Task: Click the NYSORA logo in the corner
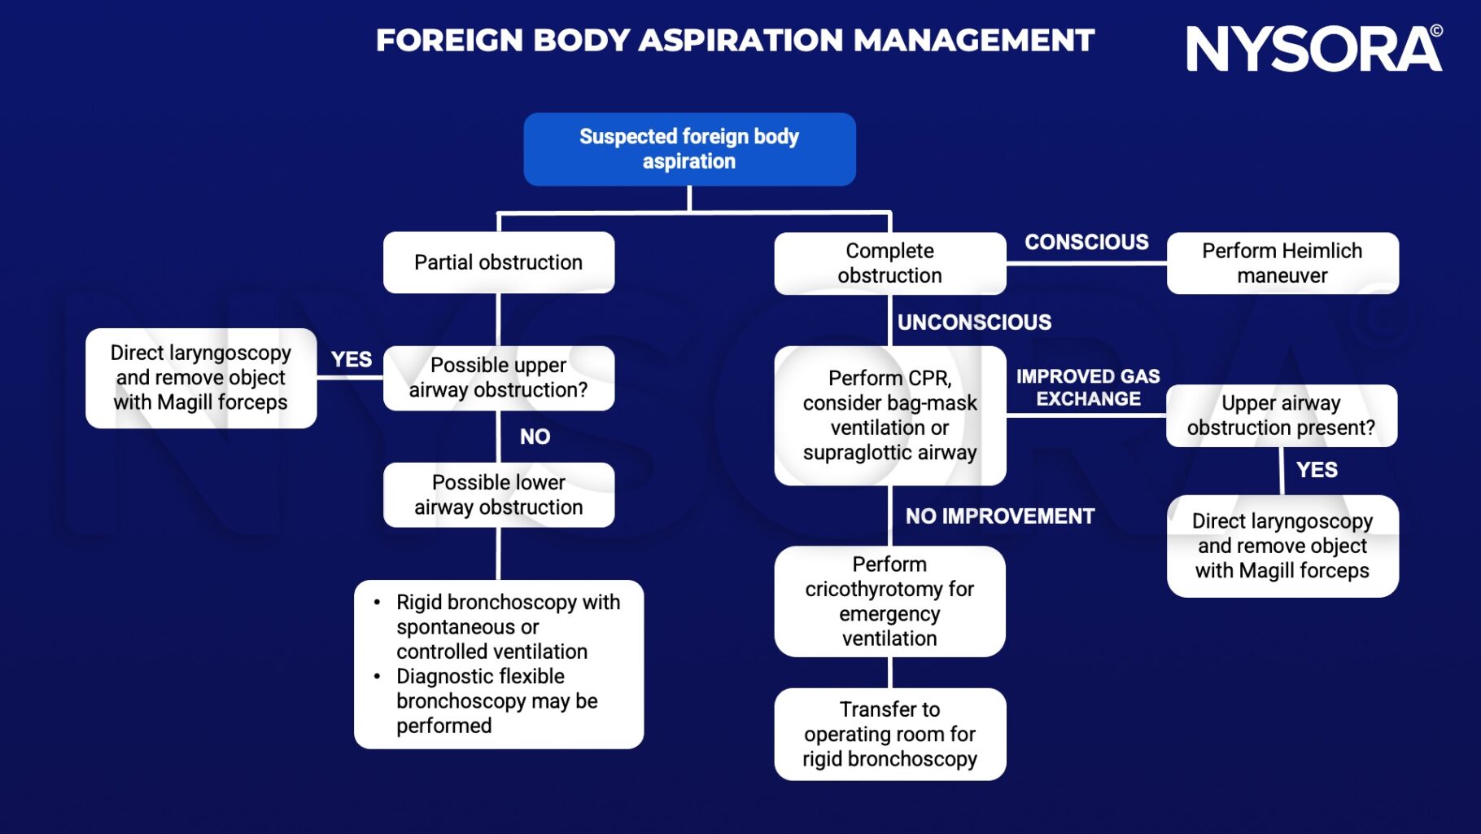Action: click(x=1313, y=49)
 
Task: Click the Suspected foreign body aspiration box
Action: click(x=689, y=149)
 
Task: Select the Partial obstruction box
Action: click(x=498, y=262)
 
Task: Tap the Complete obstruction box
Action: click(x=889, y=263)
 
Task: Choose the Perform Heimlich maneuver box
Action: click(x=1282, y=263)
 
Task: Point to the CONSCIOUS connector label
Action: click(x=1086, y=242)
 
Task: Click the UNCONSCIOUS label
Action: click(x=973, y=323)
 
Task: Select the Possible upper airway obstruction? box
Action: click(x=498, y=378)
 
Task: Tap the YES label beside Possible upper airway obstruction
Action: click(x=351, y=359)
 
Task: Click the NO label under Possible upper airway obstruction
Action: click(x=535, y=437)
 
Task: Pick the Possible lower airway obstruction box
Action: click(x=498, y=494)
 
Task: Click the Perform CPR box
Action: click(x=889, y=415)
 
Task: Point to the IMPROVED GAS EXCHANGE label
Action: click(x=1087, y=388)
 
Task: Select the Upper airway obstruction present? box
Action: click(x=1281, y=415)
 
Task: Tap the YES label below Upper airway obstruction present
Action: click(x=1316, y=470)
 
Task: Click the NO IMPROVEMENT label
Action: click(x=999, y=516)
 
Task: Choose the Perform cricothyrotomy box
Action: click(x=889, y=601)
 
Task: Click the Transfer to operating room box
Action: click(x=889, y=734)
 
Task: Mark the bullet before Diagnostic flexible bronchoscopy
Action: click(x=377, y=676)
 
